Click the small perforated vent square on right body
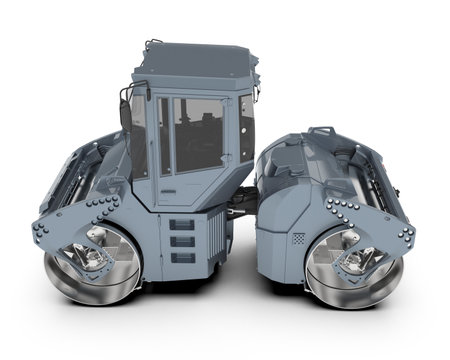[298, 240]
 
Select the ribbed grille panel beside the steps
[213, 240]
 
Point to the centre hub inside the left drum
[88, 256]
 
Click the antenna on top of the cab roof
[150, 45]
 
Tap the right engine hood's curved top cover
[300, 160]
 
